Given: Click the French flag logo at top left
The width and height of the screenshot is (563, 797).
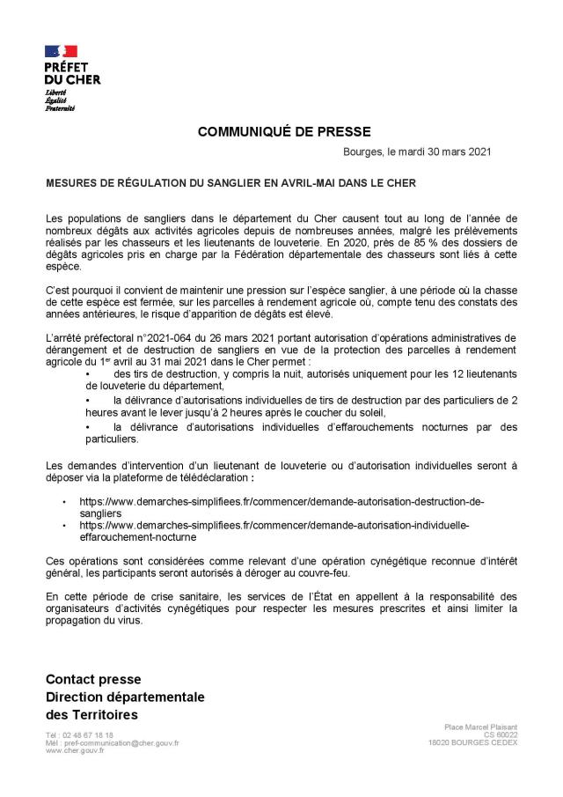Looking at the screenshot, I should point(61,52).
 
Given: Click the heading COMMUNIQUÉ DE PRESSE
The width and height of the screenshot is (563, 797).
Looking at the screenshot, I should point(278,132).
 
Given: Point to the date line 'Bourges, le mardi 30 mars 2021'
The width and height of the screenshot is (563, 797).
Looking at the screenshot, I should point(416,151).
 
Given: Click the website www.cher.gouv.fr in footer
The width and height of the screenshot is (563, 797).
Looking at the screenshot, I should point(74,750).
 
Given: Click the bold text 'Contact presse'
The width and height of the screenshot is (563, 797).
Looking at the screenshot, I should point(93,680).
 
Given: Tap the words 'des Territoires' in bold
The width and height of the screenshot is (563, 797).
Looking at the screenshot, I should point(91,714).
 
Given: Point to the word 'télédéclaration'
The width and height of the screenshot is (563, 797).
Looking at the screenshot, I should point(215,477).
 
